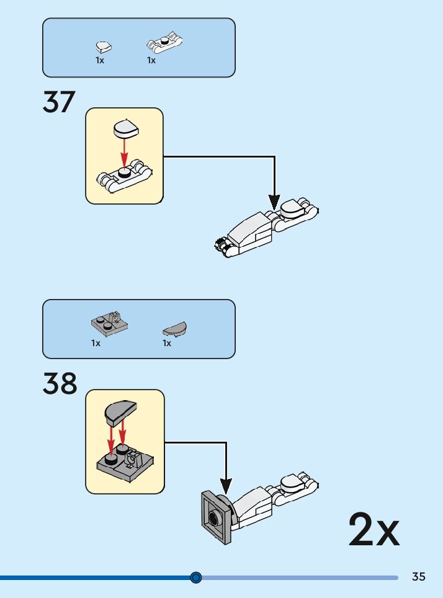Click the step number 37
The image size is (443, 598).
pos(59,102)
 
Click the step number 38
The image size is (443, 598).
pos(60,384)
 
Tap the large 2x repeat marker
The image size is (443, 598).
pos(374,529)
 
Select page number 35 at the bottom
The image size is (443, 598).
pos(419,576)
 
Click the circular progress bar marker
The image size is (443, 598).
pos(196,578)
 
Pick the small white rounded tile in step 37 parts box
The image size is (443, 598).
pos(104,46)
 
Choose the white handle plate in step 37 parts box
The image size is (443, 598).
pos(164,43)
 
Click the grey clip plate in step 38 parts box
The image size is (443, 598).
pos(109,323)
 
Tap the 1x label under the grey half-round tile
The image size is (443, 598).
pos(167,343)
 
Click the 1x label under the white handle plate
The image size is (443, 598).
pos(151,61)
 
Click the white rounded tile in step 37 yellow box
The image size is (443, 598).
pos(126,128)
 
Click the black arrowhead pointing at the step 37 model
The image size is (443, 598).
pos(274,202)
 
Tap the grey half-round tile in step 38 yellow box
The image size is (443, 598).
pos(121,411)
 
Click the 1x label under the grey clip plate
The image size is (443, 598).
pos(96,343)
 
